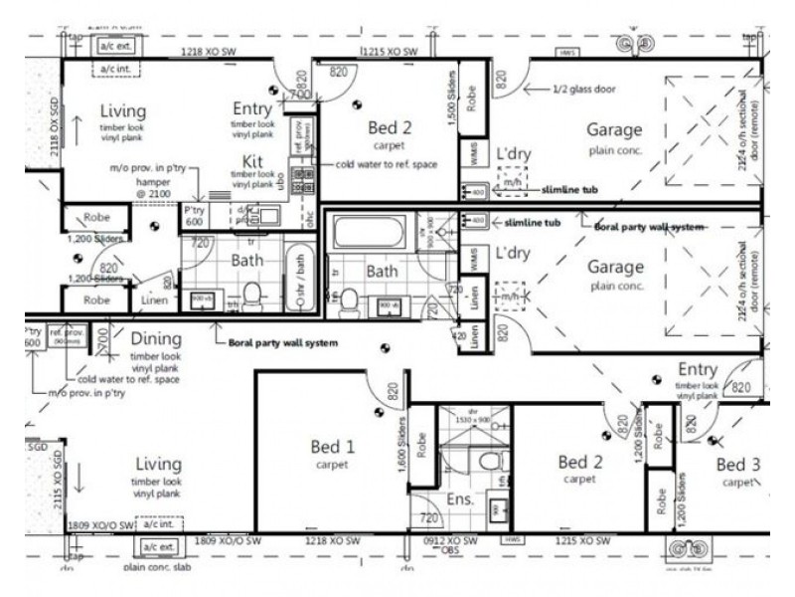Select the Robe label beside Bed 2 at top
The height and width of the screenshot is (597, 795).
(x=471, y=98)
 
